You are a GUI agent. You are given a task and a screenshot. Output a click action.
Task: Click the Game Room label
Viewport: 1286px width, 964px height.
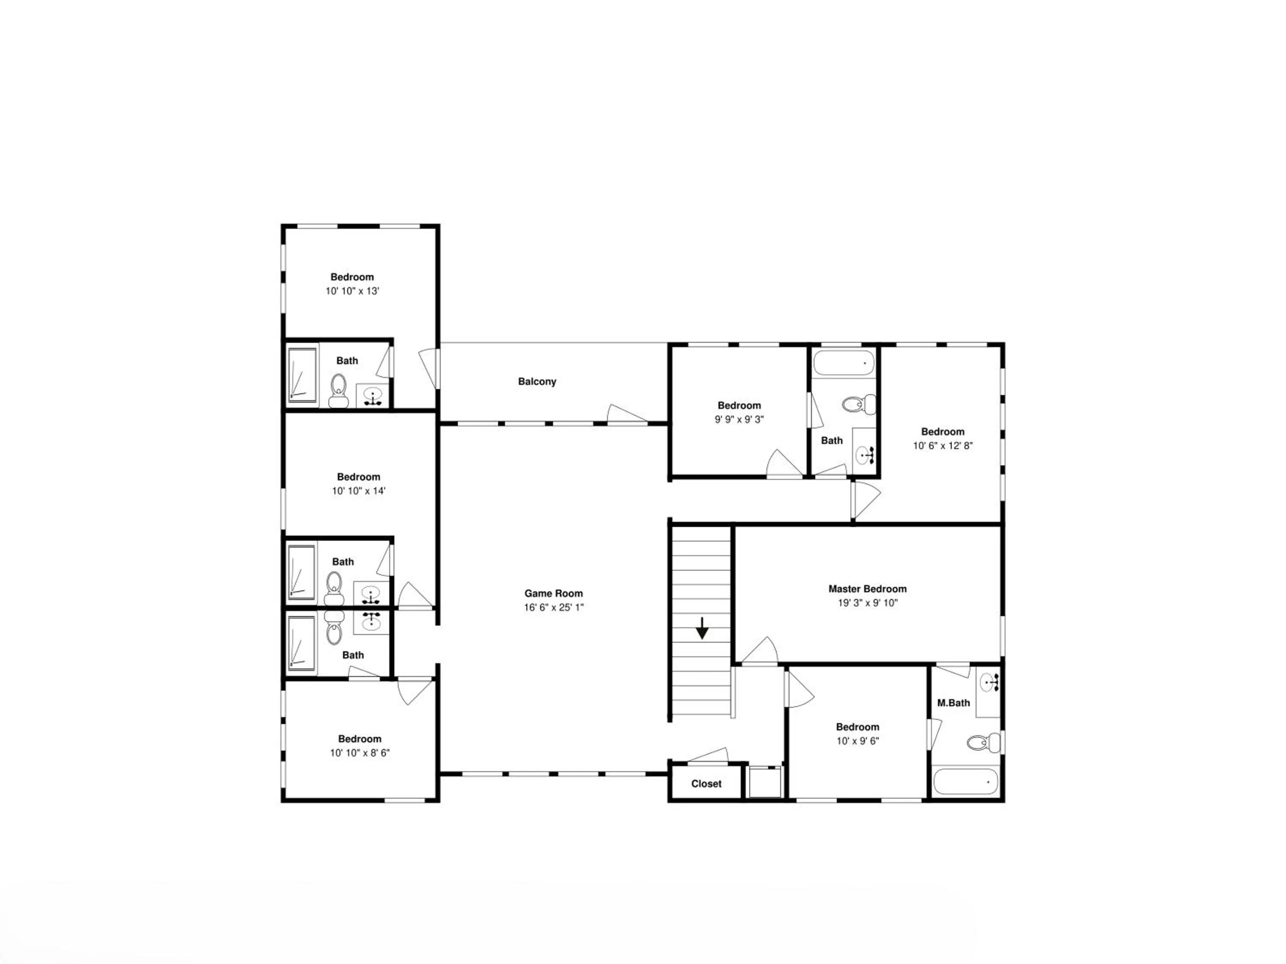pos(553,593)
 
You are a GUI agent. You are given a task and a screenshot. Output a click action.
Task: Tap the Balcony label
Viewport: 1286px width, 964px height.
pos(537,381)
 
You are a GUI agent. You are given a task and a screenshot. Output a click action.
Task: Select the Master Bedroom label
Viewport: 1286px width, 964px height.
pos(868,589)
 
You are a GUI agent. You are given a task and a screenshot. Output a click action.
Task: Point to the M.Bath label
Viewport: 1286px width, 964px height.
pos(953,703)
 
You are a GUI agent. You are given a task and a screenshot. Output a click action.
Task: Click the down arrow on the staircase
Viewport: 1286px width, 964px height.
pos(702,628)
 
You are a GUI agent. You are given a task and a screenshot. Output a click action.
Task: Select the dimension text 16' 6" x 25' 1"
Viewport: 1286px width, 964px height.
pos(553,607)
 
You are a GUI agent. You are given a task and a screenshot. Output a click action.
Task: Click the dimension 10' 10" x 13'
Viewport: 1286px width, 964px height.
pos(352,291)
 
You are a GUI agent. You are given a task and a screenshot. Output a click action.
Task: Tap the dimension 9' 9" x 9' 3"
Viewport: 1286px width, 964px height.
pos(739,419)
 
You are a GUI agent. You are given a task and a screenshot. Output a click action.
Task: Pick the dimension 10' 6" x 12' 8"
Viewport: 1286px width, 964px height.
pos(942,446)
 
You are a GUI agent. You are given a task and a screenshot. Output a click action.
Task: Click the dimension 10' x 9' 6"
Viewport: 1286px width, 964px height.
pos(857,741)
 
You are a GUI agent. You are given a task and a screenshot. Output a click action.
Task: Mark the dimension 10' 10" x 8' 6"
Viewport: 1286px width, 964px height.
pos(360,753)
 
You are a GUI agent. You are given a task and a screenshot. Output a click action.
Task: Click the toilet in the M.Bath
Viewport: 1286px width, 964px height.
pos(984,742)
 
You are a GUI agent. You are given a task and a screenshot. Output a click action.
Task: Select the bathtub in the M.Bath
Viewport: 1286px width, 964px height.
pos(966,781)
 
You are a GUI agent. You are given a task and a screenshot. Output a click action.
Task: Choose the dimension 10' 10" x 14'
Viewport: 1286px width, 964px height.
pos(359,491)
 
